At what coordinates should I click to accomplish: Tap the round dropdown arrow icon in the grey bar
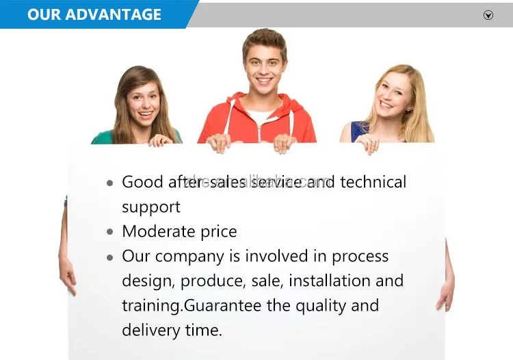tap(488, 15)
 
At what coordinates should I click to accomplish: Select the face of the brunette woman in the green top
tap(142, 100)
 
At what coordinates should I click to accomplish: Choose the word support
tap(151, 207)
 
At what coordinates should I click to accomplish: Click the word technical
tap(373, 182)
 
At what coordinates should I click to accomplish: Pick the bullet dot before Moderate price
tap(110, 232)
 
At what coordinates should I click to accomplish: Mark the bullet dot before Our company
tap(110, 257)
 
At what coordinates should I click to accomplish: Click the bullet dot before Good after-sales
tap(110, 183)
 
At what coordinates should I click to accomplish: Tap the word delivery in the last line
tap(151, 330)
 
